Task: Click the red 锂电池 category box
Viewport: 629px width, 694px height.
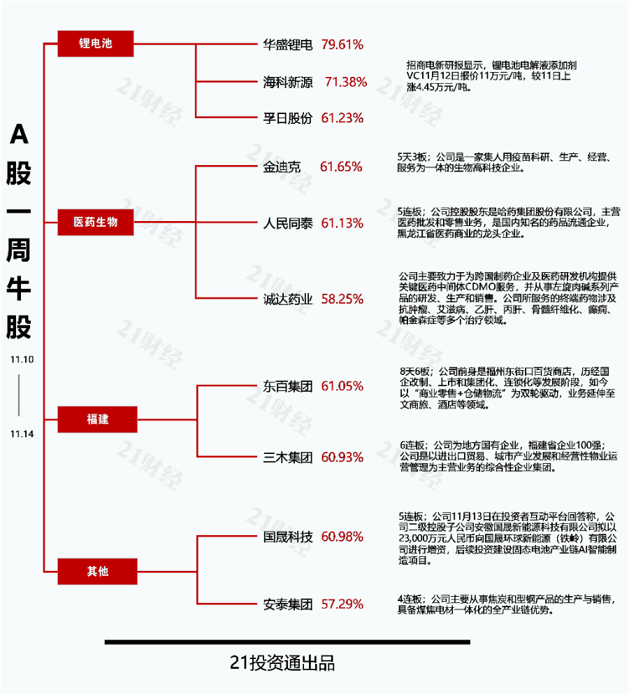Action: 96,43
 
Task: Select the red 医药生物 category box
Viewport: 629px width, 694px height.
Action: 96,222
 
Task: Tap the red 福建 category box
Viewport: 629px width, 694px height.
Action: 97,419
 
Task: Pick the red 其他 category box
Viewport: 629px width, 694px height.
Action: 97,572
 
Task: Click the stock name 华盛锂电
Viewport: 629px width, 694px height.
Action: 288,45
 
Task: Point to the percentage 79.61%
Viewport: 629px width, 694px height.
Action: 342,45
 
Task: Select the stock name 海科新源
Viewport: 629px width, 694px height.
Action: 288,82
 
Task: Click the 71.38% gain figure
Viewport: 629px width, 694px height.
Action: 346,82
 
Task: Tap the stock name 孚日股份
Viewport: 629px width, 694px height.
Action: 288,118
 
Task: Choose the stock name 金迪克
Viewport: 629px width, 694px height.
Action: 282,167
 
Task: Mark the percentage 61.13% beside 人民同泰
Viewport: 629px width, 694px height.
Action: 342,223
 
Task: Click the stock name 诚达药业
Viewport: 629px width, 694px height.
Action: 288,299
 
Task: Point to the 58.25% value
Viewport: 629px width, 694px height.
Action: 342,299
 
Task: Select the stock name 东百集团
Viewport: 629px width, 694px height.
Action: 288,386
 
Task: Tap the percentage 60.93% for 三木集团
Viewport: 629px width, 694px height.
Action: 342,458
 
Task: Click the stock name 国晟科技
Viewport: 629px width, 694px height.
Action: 288,537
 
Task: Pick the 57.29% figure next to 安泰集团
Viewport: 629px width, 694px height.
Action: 342,604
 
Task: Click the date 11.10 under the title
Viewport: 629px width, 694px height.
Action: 22,360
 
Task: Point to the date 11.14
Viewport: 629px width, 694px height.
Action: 22,434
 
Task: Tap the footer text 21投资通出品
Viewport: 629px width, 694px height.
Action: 282,663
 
